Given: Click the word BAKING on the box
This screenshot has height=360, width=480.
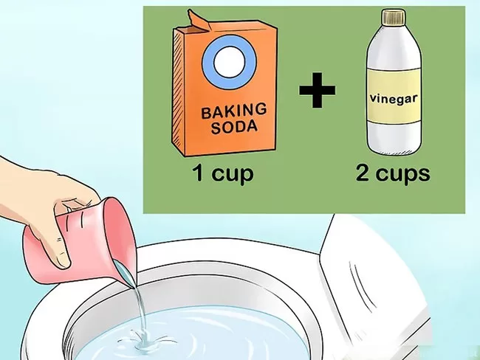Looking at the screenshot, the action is coord(233,111).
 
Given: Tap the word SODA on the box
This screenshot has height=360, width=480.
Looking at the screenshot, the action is coord(234,126).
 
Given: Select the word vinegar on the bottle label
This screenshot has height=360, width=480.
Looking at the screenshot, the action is coord(394,99).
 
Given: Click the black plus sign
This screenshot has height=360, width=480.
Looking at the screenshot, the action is coord(317,90).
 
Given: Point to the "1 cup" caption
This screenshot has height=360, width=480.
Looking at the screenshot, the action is coord(223,173).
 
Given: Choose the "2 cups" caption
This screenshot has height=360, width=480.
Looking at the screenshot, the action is coord(393,173).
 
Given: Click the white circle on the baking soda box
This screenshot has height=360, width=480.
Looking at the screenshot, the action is coord(229,62).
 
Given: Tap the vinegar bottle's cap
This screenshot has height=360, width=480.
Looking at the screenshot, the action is coord(394,17).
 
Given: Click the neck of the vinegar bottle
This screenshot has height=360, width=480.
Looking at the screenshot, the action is coord(394,30).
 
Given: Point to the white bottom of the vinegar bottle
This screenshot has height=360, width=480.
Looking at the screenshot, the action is coord(394,138).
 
